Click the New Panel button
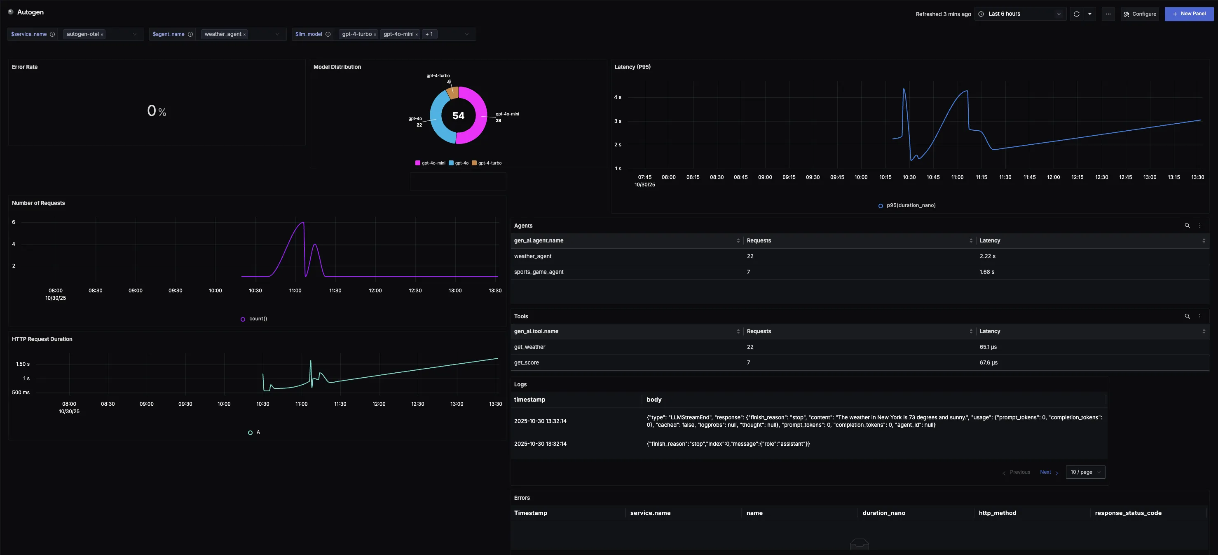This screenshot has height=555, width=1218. pyautogui.click(x=1189, y=14)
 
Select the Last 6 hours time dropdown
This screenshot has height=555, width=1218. pyautogui.click(x=1020, y=14)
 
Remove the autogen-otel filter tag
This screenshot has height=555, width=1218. pyautogui.click(x=102, y=35)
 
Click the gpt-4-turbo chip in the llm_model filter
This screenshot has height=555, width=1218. pyautogui.click(x=356, y=34)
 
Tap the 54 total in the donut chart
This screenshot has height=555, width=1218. pyautogui.click(x=458, y=116)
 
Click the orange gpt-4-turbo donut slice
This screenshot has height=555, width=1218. pyautogui.click(x=452, y=93)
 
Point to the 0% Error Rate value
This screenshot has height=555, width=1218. pyautogui.click(x=157, y=111)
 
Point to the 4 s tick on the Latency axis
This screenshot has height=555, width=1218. pyautogui.click(x=618, y=97)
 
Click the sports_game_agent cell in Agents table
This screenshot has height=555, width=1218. pyautogui.click(x=539, y=272)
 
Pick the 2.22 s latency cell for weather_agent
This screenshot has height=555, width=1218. pyautogui.click(x=987, y=256)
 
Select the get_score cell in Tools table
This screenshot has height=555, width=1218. pyautogui.click(x=526, y=363)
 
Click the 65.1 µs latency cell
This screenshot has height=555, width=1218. pyautogui.click(x=988, y=347)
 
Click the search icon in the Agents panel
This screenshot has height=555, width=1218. pyautogui.click(x=1187, y=226)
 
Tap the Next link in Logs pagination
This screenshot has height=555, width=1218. pyautogui.click(x=1045, y=472)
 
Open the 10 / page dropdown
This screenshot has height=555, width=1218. pyautogui.click(x=1085, y=472)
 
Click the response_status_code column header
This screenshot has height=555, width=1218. pyautogui.click(x=1128, y=513)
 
